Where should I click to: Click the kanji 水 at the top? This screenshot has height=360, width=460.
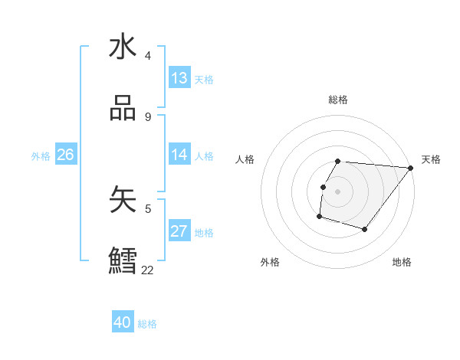point(123,47)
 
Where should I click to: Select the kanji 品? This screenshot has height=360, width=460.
point(123,109)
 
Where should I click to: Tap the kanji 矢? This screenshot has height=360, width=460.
point(123,200)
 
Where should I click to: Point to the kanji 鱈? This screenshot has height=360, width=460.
point(123,261)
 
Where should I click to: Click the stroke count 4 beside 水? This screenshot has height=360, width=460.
point(148,56)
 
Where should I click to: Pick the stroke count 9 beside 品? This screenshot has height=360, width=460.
point(148,117)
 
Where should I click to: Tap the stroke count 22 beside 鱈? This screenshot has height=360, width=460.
point(148,270)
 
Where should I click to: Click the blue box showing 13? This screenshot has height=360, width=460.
point(179,78)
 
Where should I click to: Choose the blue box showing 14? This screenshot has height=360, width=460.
point(179,155)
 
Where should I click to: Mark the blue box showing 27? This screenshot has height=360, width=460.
point(179,231)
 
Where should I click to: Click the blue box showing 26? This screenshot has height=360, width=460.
point(65,155)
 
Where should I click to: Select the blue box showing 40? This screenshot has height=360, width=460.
point(123,323)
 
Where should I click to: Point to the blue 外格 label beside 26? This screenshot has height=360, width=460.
point(41,156)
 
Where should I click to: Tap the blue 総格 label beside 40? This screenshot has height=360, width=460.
point(147,324)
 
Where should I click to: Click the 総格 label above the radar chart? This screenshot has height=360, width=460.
point(337,100)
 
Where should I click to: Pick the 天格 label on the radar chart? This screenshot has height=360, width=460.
point(431,159)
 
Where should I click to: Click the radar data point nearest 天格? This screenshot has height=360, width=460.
point(411,168)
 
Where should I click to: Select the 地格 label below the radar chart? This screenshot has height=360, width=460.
point(402,263)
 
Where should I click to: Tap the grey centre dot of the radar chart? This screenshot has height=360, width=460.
point(337,191)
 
